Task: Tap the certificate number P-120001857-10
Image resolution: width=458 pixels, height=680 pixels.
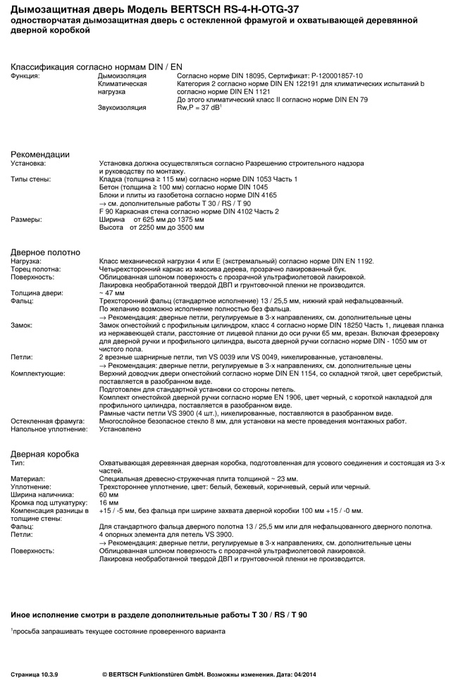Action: (x=335, y=75)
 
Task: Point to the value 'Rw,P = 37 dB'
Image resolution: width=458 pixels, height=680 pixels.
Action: (x=198, y=108)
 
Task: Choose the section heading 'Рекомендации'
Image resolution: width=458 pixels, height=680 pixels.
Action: (x=40, y=154)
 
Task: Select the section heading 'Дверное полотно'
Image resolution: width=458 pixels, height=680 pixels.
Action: (x=45, y=252)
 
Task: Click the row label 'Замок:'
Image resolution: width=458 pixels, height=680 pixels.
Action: (x=21, y=325)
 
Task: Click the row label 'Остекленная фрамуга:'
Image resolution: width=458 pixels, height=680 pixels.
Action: (x=47, y=421)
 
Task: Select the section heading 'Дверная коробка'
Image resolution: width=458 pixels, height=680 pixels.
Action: (x=44, y=454)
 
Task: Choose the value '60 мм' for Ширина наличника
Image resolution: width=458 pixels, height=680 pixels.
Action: (x=109, y=495)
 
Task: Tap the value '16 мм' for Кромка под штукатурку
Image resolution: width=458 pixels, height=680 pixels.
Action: (x=109, y=502)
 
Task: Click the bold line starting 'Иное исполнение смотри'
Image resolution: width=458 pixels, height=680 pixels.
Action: (x=159, y=615)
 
